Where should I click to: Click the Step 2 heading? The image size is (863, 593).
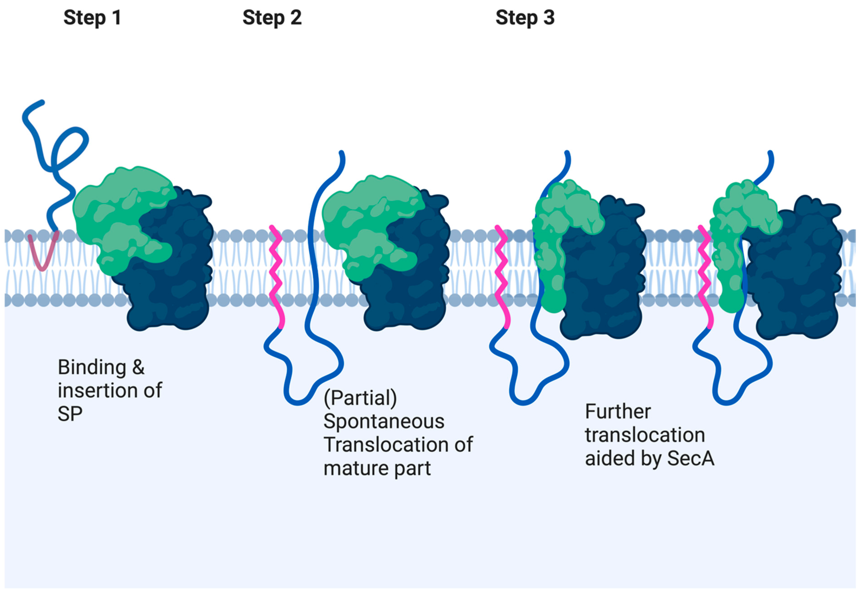click(272, 18)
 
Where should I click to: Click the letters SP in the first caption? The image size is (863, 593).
click(70, 413)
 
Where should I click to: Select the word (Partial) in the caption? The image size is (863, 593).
click(360, 398)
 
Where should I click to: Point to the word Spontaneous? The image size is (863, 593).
click(384, 421)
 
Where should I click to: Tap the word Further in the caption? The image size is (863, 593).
click(618, 412)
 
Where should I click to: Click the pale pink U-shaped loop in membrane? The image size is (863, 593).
click(42, 256)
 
